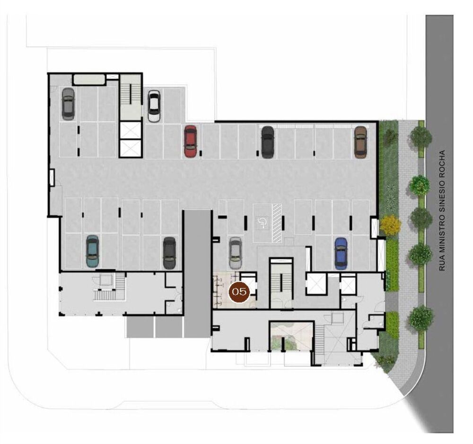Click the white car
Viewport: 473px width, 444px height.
[154, 106]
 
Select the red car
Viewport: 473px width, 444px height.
[190, 142]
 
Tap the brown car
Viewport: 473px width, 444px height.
[360, 142]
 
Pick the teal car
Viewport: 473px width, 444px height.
[92, 251]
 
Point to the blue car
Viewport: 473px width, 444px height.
[341, 254]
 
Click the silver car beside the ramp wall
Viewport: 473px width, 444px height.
[235, 253]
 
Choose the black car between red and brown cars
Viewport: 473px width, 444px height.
[268, 142]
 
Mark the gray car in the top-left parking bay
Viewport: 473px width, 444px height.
[68, 104]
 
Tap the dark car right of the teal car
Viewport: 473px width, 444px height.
[169, 253]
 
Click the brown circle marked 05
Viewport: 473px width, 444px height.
[239, 292]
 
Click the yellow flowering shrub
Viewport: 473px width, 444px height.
[390, 225]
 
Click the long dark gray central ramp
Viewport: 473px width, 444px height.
[197, 274]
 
